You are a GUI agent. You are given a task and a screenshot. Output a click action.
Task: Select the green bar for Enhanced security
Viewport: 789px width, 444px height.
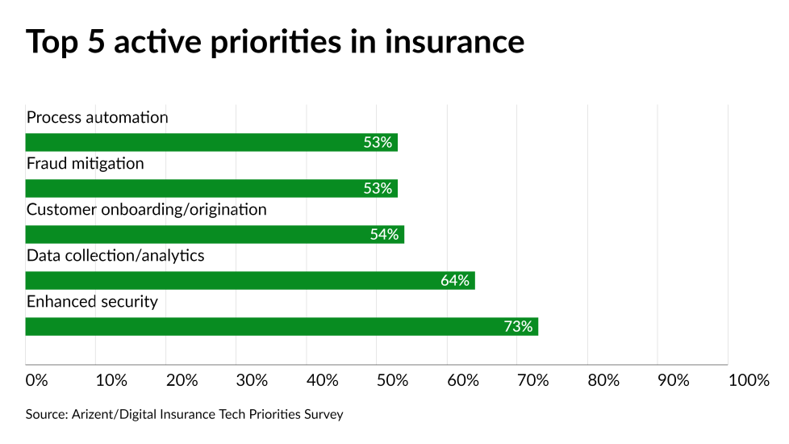click(x=282, y=327)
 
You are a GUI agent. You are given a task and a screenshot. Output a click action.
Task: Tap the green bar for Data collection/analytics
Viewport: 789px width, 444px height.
click(x=250, y=281)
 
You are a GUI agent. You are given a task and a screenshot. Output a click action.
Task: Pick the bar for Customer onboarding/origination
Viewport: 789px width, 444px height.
click(x=215, y=235)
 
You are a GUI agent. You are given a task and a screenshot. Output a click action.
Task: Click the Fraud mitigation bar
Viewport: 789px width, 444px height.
click(x=211, y=189)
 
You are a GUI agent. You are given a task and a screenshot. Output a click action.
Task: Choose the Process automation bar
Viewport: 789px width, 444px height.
click(x=211, y=143)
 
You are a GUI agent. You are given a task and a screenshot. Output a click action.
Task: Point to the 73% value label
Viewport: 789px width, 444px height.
click(x=518, y=327)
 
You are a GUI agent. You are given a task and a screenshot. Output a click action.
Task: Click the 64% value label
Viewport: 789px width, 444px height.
click(x=455, y=281)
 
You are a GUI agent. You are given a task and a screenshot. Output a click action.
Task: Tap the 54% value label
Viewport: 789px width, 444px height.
click(x=384, y=235)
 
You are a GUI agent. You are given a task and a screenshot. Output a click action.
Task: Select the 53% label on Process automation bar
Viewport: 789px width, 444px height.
click(x=378, y=143)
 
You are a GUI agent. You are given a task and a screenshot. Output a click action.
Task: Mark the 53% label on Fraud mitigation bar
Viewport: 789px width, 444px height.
click(x=378, y=189)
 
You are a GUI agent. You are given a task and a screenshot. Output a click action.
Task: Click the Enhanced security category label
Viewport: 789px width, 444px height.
click(x=92, y=302)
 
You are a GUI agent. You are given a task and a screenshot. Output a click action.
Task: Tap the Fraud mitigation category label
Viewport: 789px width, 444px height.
click(x=86, y=164)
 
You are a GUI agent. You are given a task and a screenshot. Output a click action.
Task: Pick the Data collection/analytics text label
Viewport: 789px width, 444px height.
click(x=115, y=256)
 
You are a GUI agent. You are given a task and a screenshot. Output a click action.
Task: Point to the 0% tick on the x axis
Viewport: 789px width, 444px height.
click(x=37, y=380)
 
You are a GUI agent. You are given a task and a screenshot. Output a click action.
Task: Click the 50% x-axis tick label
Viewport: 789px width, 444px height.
click(x=393, y=380)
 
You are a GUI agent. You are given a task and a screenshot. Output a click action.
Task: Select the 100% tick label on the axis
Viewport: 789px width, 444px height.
click(x=749, y=380)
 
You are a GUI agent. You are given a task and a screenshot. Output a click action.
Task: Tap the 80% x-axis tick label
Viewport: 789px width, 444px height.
click(x=603, y=380)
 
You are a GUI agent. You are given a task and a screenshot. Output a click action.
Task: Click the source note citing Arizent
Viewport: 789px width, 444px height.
click(x=185, y=414)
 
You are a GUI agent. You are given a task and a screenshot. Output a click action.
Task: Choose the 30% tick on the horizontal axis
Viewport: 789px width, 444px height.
click(x=252, y=380)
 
